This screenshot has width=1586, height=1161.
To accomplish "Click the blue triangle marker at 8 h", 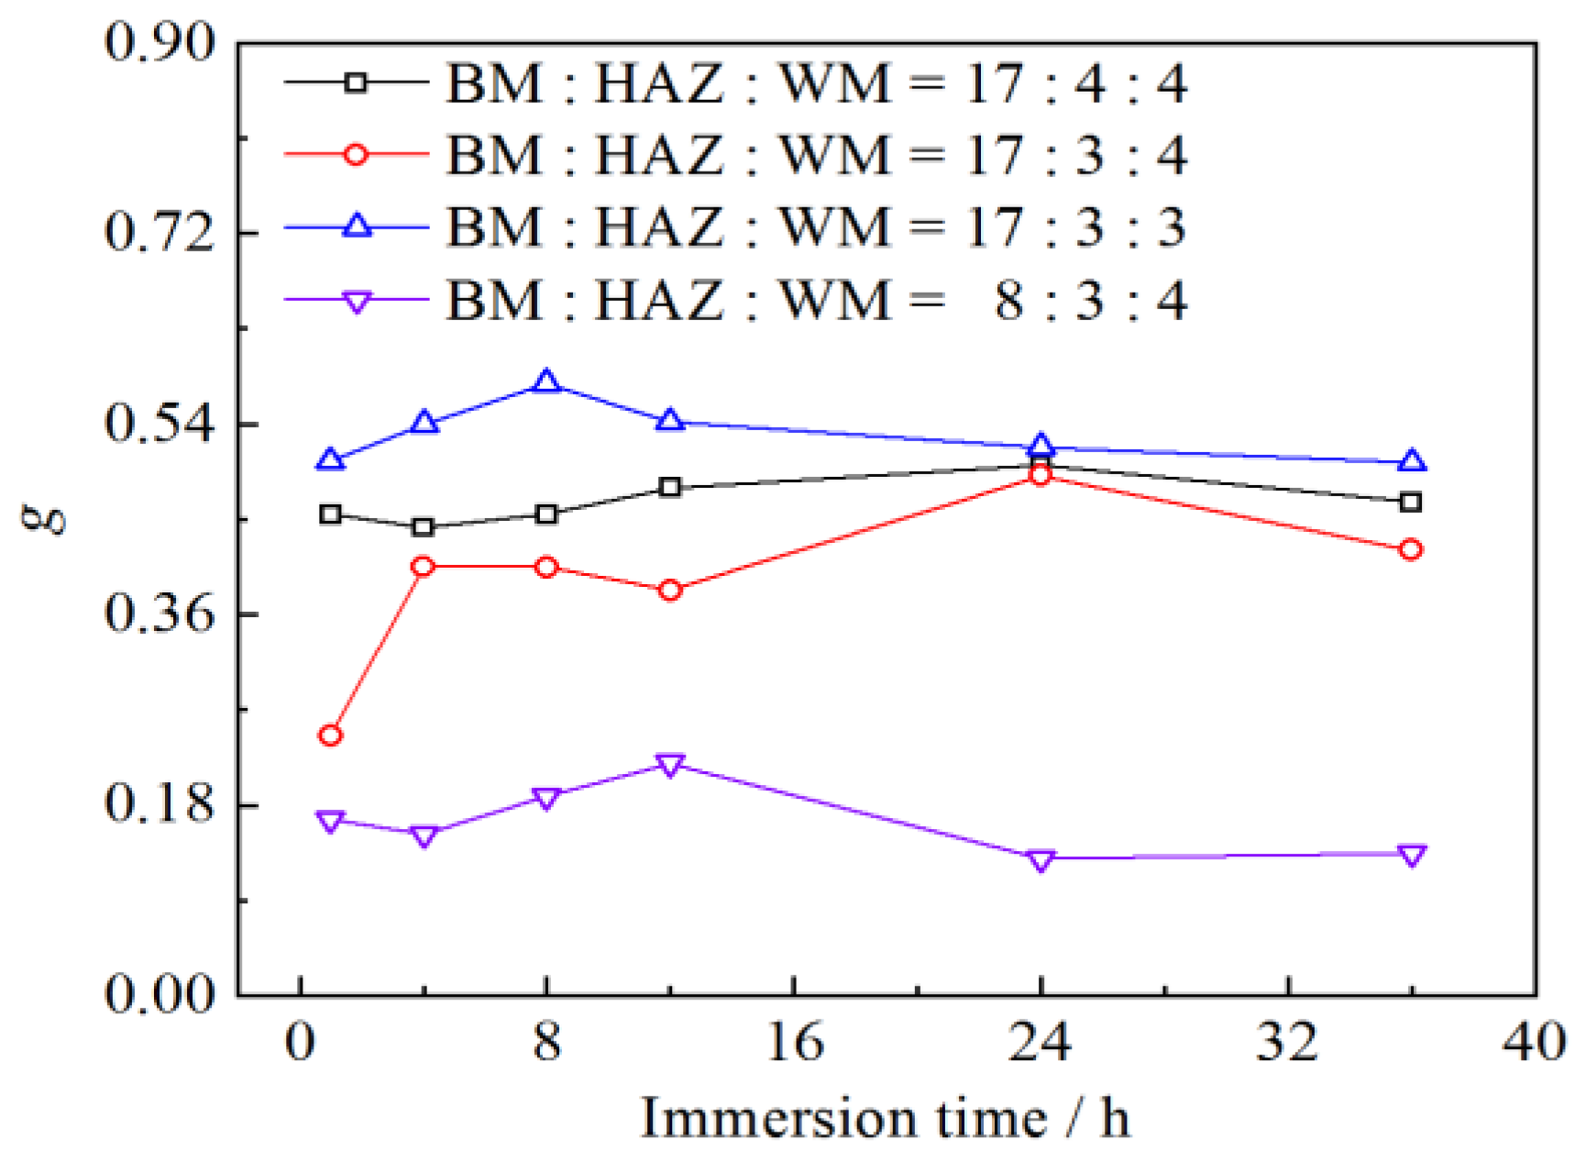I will [x=546, y=381].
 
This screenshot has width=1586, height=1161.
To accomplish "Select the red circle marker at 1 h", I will [x=330, y=735].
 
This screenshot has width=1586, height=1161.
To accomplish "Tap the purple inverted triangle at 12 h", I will [x=670, y=765].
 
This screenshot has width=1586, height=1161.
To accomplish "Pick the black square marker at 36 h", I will [x=1412, y=502].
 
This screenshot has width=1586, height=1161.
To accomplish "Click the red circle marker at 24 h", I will [x=1040, y=474].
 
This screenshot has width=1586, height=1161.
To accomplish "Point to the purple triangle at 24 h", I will [x=1040, y=859].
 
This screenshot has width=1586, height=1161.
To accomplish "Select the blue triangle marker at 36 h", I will [x=1412, y=461].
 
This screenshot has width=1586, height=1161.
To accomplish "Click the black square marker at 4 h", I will [x=424, y=526].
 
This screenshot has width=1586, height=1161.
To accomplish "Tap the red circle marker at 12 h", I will [x=670, y=590].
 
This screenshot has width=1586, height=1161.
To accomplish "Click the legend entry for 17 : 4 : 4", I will [x=816, y=83].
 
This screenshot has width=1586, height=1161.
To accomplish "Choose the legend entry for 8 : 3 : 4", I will [x=816, y=300].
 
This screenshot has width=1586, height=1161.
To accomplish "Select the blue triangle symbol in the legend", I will [x=357, y=226].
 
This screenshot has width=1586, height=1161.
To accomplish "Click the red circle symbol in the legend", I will [x=357, y=154].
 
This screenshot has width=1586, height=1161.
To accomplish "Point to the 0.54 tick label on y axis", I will [x=159, y=424].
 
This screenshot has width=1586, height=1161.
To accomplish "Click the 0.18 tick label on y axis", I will [x=159, y=804].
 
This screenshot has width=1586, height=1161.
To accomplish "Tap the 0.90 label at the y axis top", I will [x=159, y=42].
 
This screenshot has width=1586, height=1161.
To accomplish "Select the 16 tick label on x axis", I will [x=794, y=1043].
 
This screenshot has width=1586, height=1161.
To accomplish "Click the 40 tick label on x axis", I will [x=1533, y=1043].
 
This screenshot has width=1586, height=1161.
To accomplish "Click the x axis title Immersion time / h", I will [x=885, y=1118].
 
